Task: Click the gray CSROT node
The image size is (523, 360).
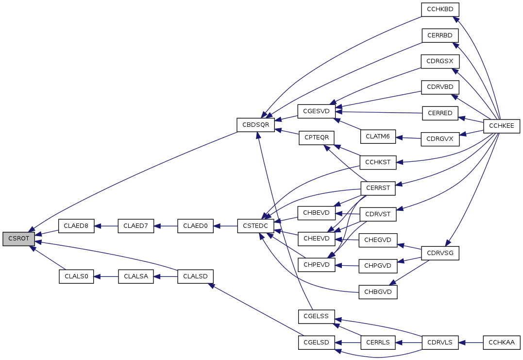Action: click(18, 239)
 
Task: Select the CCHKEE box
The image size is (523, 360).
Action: click(502, 126)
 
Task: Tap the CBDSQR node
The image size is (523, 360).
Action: click(256, 125)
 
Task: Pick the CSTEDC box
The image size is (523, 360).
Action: click(255, 226)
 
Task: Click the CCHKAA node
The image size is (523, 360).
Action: click(501, 343)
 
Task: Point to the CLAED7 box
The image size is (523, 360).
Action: click(136, 226)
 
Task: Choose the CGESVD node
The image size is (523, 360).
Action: click(316, 111)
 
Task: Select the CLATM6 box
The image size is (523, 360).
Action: click(378, 137)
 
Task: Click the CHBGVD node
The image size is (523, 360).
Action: click(378, 292)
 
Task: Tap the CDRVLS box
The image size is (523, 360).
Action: click(440, 343)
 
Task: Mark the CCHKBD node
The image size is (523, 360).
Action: click(440, 9)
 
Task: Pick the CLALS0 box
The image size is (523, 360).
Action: click(76, 276)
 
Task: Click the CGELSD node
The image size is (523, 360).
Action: click(316, 343)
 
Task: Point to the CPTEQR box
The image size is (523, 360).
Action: click(316, 138)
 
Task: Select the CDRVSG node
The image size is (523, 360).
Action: click(440, 253)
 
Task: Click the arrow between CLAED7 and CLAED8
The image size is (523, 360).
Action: click(106, 226)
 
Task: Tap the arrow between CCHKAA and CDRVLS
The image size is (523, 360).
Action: click(471, 343)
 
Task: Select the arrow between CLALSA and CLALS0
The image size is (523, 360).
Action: click(106, 276)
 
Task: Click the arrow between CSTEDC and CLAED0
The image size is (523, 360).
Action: click(225, 226)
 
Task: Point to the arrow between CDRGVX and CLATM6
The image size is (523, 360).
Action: click(408, 138)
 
